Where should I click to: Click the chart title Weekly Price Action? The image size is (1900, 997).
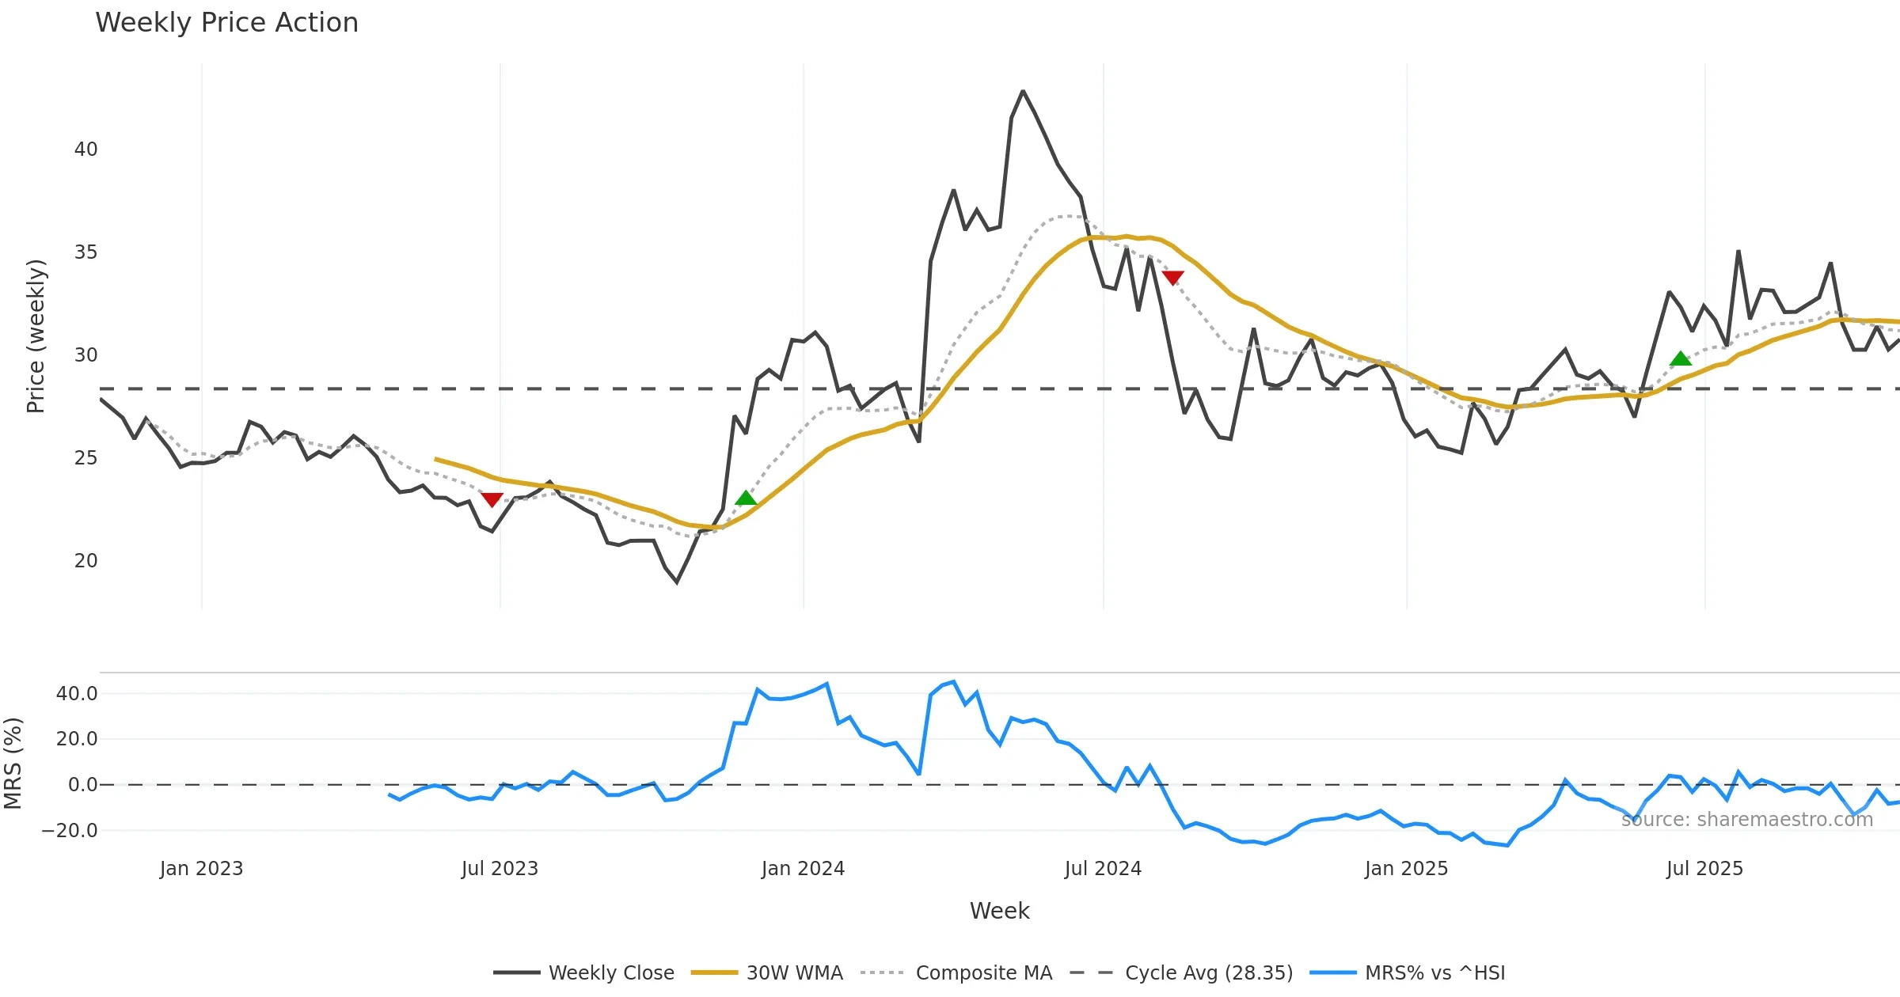click(226, 23)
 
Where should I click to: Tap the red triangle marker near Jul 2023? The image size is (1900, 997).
click(492, 499)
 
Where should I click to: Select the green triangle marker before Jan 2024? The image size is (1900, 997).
click(746, 498)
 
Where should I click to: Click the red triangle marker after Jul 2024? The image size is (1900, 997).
click(1172, 277)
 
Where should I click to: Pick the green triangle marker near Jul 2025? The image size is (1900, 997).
click(1680, 359)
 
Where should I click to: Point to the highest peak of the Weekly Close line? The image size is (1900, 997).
click(1023, 92)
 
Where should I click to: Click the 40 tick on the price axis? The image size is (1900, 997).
click(85, 150)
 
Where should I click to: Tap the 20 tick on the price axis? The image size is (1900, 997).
click(85, 561)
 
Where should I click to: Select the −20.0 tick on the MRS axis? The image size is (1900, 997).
click(70, 831)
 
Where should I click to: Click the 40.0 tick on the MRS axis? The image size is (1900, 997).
click(77, 694)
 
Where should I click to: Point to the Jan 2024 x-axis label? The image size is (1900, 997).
click(803, 869)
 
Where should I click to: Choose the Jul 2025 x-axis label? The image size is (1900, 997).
click(1704, 869)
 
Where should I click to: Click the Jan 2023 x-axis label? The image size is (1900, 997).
click(201, 869)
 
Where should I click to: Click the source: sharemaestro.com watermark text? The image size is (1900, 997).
click(1746, 820)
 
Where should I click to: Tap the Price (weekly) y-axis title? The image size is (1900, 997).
click(36, 336)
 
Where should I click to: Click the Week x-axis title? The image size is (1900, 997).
click(999, 912)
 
